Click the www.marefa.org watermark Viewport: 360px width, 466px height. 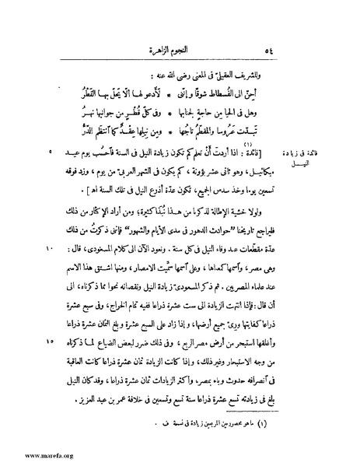pos(30,457)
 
